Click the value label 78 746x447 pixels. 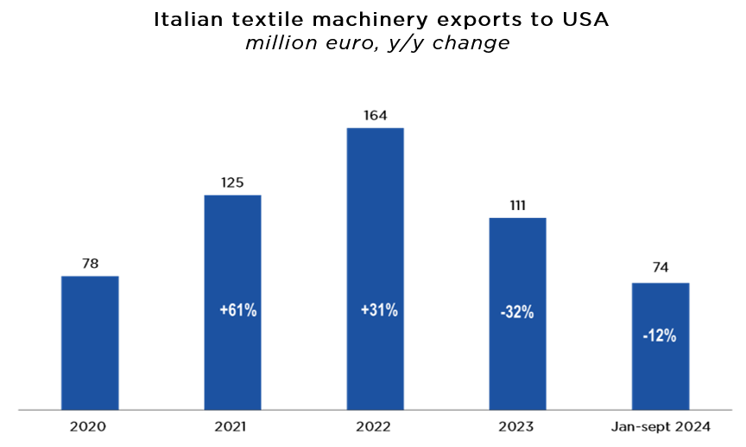pos(90,262)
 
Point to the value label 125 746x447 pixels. pos(232,182)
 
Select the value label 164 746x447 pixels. pos(375,114)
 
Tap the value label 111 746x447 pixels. pos(517,205)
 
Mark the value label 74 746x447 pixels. pos(660,268)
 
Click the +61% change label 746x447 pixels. pos(237,310)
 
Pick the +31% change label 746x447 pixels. pos(379,310)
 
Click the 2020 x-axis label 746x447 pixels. pos(90,426)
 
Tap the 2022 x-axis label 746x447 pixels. pos(375,426)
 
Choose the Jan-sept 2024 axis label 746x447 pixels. pos(660,426)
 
